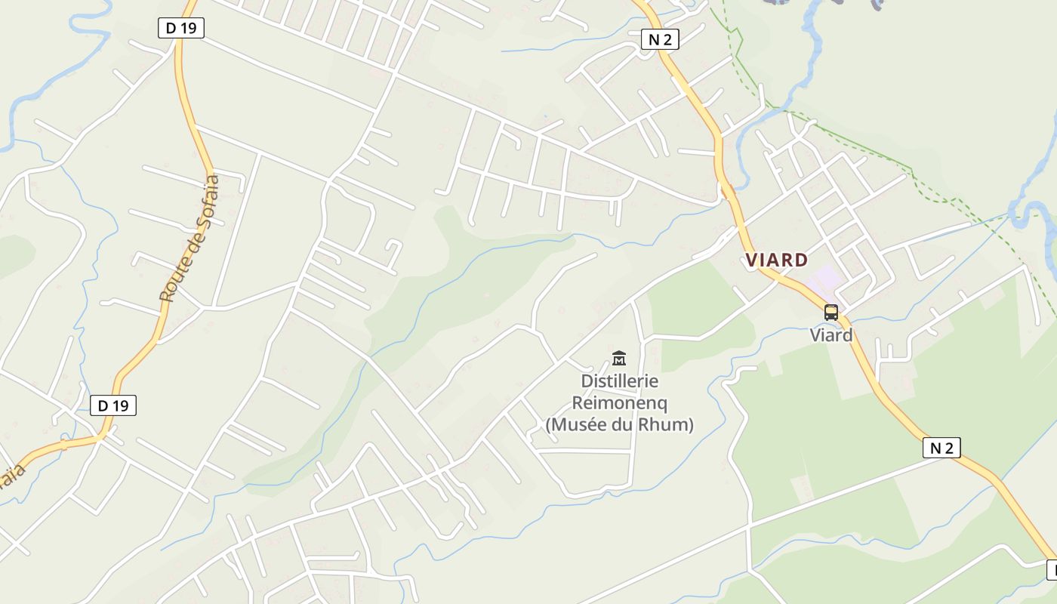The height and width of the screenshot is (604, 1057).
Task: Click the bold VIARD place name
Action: pyautogui.click(x=776, y=260)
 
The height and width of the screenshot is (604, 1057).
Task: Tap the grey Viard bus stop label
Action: pyautogui.click(x=830, y=334)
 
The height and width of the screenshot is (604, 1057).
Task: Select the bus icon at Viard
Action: pyautogui.click(x=830, y=312)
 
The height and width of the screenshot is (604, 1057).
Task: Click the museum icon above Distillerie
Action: pyautogui.click(x=619, y=358)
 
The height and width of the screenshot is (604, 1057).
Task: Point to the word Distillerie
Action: pyautogui.click(x=619, y=381)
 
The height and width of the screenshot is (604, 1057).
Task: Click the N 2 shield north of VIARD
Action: pyautogui.click(x=659, y=39)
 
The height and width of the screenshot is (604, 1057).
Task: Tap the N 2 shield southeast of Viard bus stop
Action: pyautogui.click(x=941, y=448)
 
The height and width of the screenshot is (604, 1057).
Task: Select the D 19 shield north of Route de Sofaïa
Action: pyautogui.click(x=181, y=28)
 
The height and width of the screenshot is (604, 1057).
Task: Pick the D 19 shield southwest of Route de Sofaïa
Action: pyautogui.click(x=113, y=405)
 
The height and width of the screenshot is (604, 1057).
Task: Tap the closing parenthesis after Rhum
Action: pyautogui.click(x=689, y=424)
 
